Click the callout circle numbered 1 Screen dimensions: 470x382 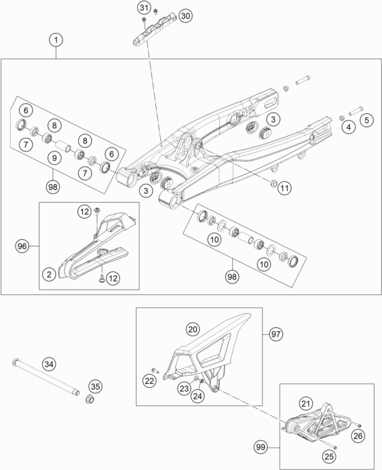pyautogui.click(x=57, y=40)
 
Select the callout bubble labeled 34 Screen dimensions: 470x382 pyautogui.click(x=48, y=364)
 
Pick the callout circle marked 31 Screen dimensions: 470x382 pyautogui.click(x=143, y=8)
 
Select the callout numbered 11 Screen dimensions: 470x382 pyautogui.click(x=284, y=188)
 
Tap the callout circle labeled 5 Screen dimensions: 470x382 pyautogui.click(x=366, y=121)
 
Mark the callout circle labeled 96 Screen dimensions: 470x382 pyautogui.click(x=23, y=246)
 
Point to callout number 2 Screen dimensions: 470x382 pyautogui.click(x=48, y=273)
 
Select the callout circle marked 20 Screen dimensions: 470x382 pyautogui.click(x=193, y=329)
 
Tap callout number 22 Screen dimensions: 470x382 pyautogui.click(x=149, y=381)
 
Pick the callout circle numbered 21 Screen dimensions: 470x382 pyautogui.click(x=306, y=403)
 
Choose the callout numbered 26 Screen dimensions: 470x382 pyautogui.click(x=357, y=437)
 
